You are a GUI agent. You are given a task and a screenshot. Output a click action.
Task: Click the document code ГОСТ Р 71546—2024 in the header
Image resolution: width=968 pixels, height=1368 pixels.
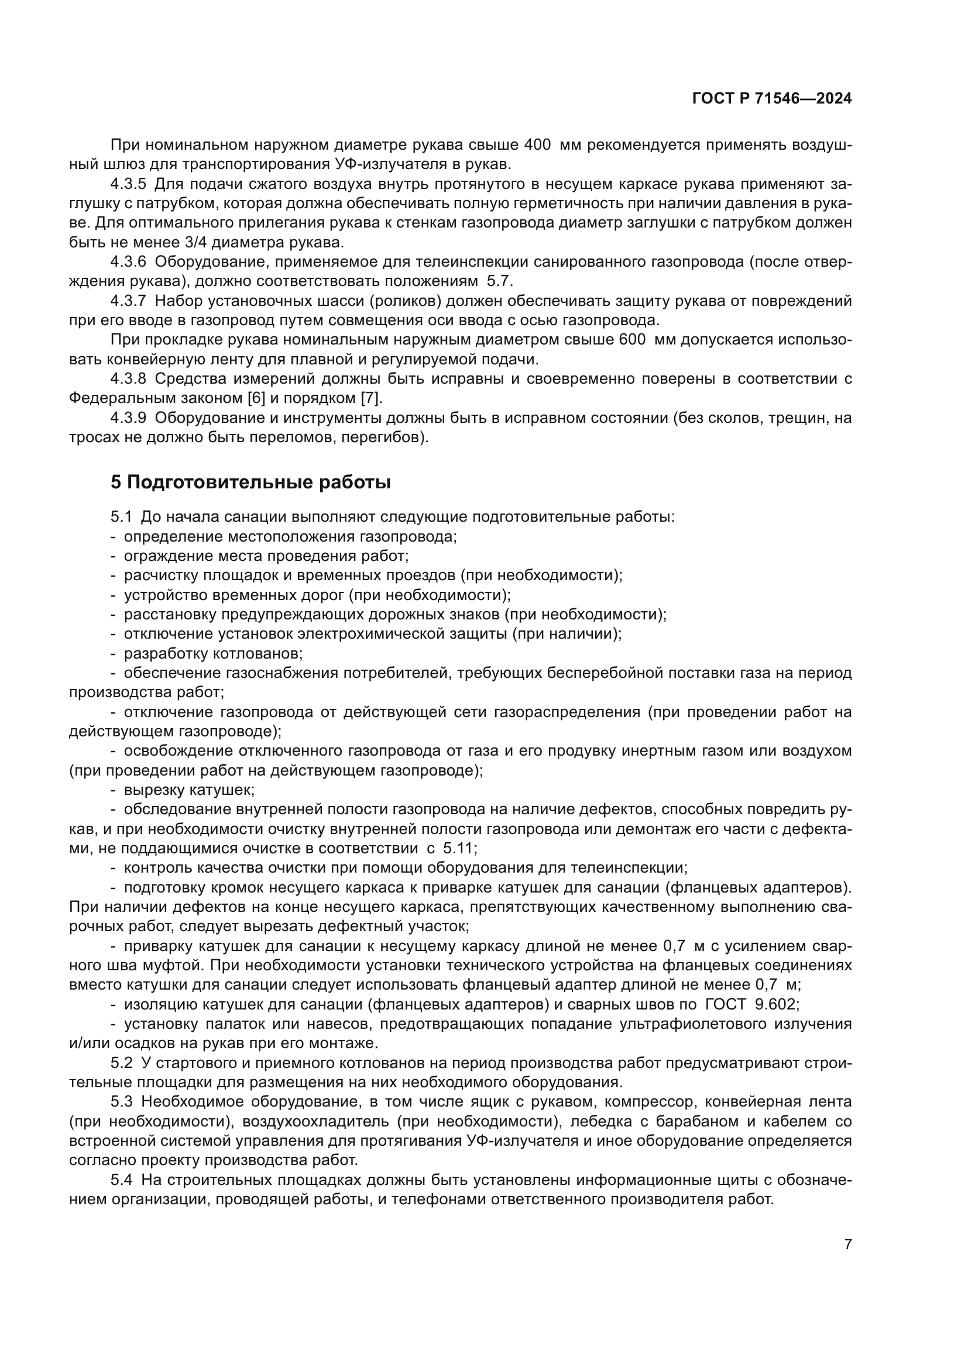click(x=771, y=99)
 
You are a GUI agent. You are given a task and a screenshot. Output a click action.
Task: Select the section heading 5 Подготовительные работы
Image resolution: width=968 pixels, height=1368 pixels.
click(x=250, y=482)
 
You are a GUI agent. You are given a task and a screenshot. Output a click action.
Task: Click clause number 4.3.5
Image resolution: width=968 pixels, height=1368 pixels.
click(x=128, y=184)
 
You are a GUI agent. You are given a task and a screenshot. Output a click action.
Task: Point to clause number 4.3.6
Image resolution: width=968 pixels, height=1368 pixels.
click(x=128, y=262)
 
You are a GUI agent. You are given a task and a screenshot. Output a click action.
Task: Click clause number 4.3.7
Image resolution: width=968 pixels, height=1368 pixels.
click(x=128, y=301)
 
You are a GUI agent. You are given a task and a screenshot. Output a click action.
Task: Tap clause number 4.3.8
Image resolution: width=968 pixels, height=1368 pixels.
click(x=128, y=379)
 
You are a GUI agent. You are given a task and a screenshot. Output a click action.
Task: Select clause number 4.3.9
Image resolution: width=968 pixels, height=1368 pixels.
click(x=128, y=418)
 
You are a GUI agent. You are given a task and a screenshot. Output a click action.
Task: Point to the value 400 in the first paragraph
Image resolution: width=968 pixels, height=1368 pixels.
click(x=538, y=145)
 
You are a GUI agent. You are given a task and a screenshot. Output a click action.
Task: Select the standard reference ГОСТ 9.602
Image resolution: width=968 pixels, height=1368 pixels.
click(x=750, y=1004)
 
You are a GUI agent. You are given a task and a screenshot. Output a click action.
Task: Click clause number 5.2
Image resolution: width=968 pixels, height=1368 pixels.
click(x=121, y=1063)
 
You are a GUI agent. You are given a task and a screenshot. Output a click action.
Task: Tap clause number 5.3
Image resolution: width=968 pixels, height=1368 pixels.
click(x=121, y=1102)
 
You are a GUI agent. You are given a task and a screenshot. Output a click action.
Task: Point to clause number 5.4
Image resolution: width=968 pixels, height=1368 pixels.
click(x=121, y=1180)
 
